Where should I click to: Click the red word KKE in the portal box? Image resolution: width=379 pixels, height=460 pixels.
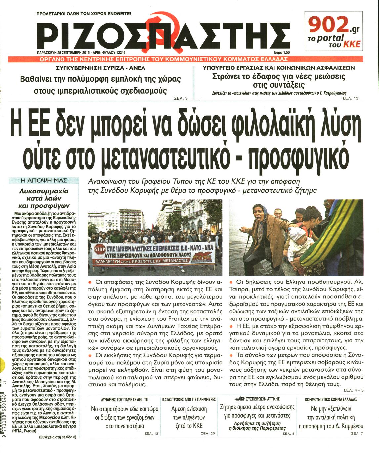(351, 44)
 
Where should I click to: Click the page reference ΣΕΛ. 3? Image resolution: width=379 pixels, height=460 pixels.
(181, 98)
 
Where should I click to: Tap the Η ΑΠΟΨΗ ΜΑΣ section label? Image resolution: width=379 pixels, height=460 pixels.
(44, 180)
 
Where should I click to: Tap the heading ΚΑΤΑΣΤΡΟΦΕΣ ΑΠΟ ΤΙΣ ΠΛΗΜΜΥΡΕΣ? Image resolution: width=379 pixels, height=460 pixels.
(189, 400)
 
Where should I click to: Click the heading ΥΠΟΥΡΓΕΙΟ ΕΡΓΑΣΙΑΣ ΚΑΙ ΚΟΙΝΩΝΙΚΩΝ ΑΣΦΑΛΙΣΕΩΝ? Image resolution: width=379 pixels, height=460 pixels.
(278, 68)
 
